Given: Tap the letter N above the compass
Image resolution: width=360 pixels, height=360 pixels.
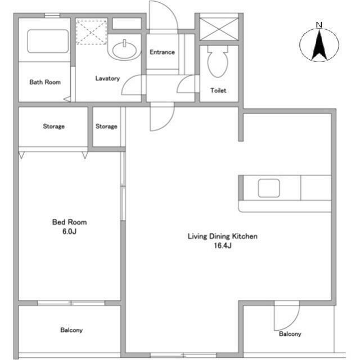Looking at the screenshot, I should click(x=319, y=25).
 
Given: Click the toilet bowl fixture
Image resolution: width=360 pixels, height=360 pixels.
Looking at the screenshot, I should click(x=217, y=61).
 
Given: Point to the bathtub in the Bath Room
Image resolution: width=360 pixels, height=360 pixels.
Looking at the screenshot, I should click(x=48, y=39).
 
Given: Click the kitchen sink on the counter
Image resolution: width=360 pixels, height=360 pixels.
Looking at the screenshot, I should click(x=268, y=188).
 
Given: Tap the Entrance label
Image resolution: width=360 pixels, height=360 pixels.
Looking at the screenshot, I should click(x=162, y=52).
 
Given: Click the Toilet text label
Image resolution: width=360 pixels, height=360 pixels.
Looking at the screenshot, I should click(x=218, y=91).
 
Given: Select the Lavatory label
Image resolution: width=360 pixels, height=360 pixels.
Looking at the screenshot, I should click(x=107, y=79).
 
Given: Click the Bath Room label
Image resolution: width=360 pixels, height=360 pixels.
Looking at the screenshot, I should click(x=45, y=82).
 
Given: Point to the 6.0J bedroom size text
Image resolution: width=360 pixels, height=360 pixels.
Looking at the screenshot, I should click(x=69, y=231).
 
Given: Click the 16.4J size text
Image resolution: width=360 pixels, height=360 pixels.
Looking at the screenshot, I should click(x=222, y=246).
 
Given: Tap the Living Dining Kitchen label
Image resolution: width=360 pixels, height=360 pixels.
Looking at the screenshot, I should click(x=222, y=237).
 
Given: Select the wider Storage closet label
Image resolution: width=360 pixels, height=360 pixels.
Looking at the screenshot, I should click(x=54, y=127).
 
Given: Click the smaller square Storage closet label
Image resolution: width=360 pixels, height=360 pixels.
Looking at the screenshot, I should click(x=106, y=127).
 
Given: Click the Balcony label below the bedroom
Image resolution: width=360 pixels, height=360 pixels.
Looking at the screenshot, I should click(x=71, y=330).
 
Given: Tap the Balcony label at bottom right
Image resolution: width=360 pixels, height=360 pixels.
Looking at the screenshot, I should click(x=290, y=334).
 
